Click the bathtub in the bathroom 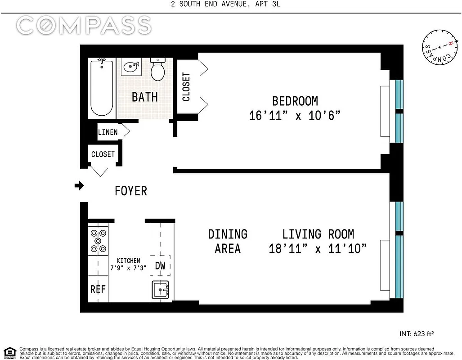pyautogui.click(x=102, y=88)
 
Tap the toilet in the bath pyautogui.click(x=157, y=69)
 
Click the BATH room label pyautogui.click(x=144, y=97)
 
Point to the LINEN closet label pyautogui.click(x=108, y=132)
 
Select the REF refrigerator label pyautogui.click(x=98, y=289)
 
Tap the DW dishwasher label pyautogui.click(x=160, y=265)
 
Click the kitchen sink pyautogui.click(x=161, y=290)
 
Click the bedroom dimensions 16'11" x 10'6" pyautogui.click(x=295, y=116)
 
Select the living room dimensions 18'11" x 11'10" pyautogui.click(x=318, y=248)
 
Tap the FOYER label pyautogui.click(x=130, y=191)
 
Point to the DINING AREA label pyautogui.click(x=228, y=241)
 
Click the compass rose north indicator pyautogui.click(x=449, y=44)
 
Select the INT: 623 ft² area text pyautogui.click(x=416, y=334)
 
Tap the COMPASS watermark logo pyautogui.click(x=84, y=26)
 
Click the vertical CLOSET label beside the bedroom pyautogui.click(x=186, y=86)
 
